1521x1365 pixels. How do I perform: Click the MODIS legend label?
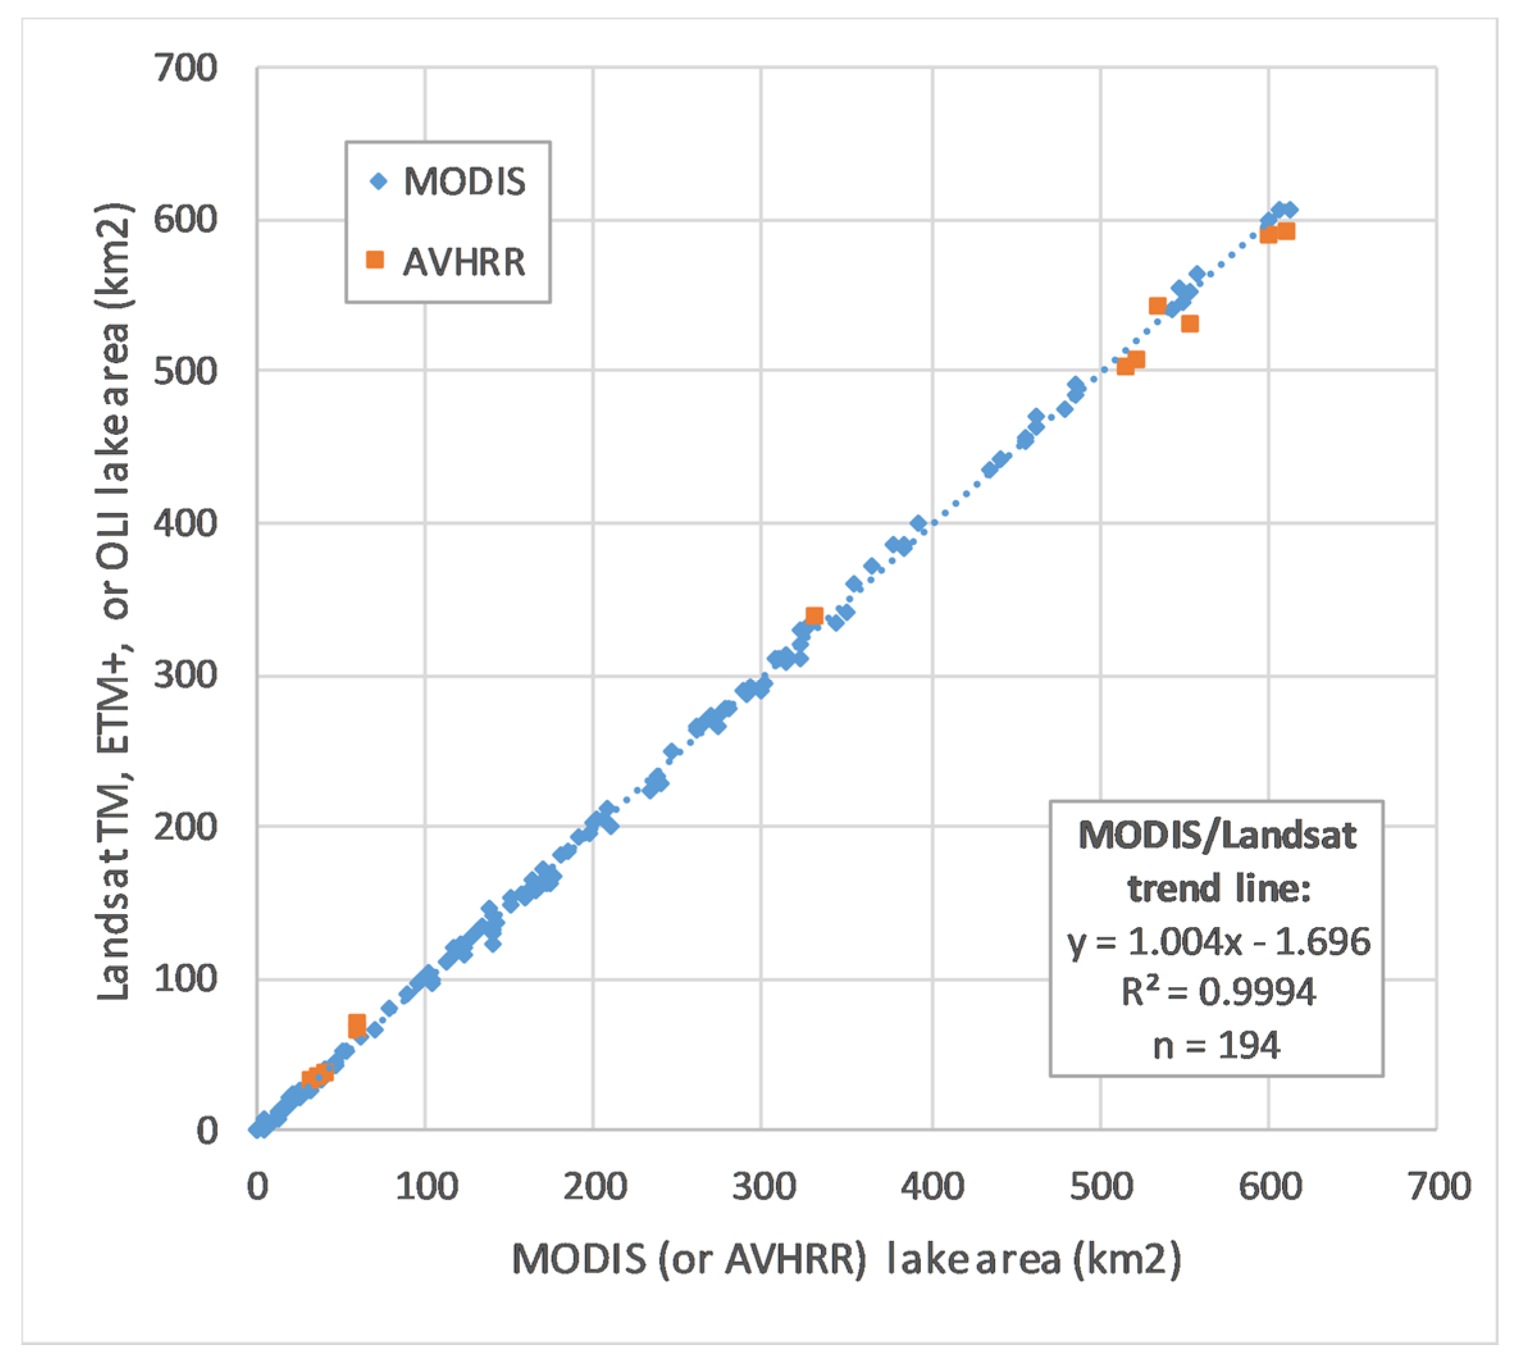(464, 181)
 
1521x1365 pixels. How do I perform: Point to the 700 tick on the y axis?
(185, 69)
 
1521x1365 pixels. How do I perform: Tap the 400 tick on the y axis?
(185, 523)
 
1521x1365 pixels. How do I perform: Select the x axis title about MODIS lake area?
(846, 1259)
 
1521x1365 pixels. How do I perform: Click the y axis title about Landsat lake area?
(114, 600)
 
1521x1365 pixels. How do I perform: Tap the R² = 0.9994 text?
(1218, 992)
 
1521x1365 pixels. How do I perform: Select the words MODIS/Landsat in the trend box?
(1217, 835)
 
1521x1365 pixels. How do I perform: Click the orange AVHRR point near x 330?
(814, 616)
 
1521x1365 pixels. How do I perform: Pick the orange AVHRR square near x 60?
(357, 1024)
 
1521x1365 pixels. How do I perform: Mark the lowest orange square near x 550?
(1189, 324)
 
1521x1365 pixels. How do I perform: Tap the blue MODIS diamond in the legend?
(378, 181)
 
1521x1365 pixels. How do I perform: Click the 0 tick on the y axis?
(206, 1131)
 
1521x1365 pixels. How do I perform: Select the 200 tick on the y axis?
(185, 826)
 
